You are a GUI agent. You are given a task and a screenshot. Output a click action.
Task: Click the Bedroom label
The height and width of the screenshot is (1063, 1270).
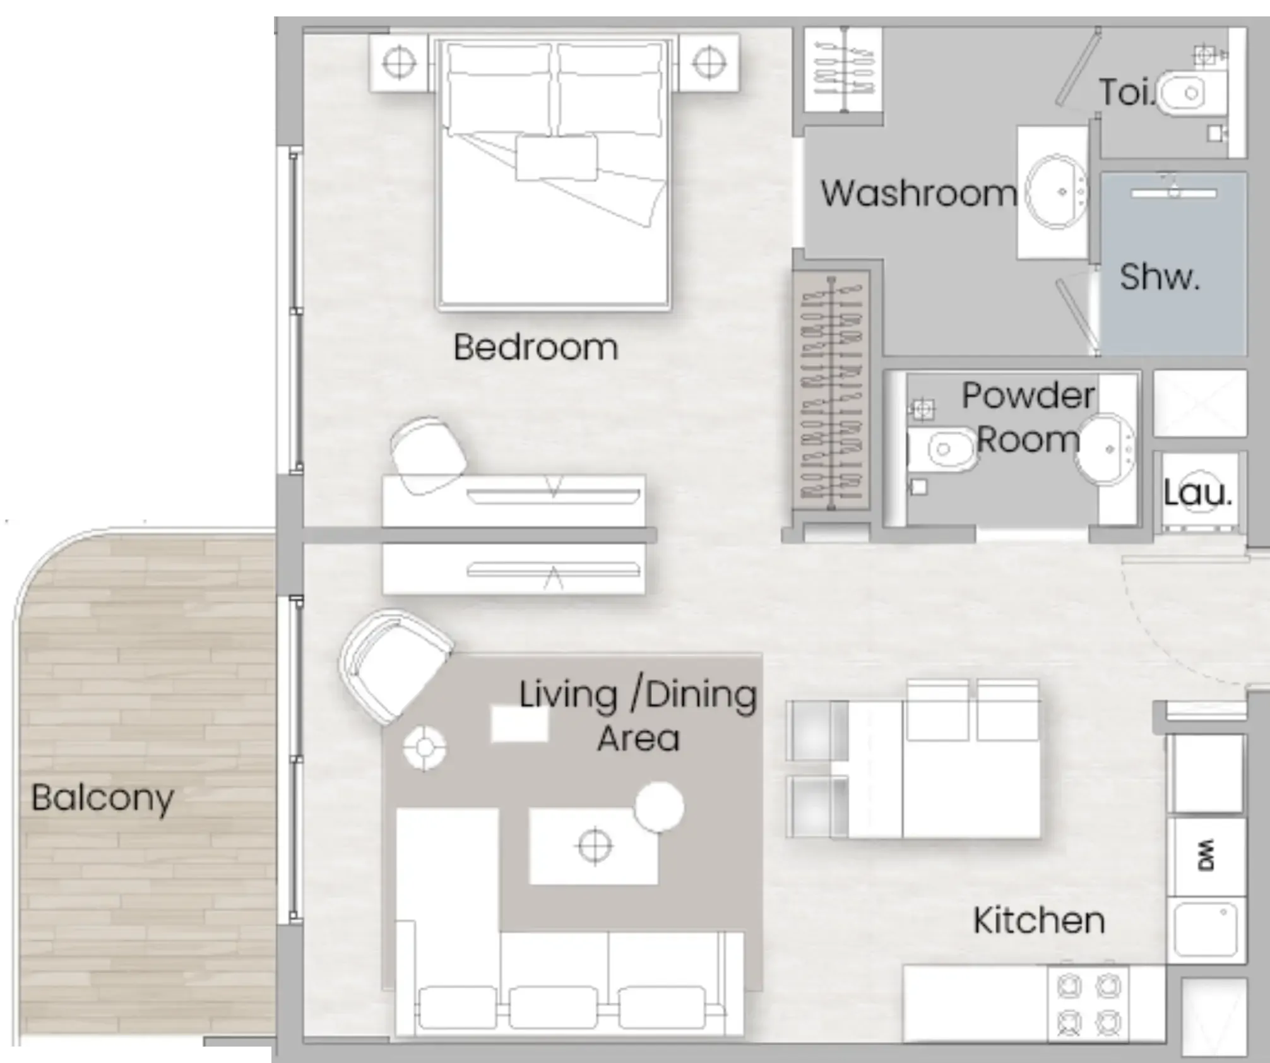pos(535,347)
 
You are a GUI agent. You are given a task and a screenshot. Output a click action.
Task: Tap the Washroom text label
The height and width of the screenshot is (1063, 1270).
pos(918,193)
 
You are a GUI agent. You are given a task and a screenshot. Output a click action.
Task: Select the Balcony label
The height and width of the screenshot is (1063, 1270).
pos(103,798)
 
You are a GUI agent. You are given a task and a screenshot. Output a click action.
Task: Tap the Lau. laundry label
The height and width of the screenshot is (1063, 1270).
pos(1197,493)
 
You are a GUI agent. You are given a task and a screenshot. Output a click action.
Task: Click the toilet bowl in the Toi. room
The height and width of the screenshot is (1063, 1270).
pos(1187,94)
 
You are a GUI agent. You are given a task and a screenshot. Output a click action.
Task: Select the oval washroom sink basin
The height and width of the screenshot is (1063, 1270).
pos(1055,191)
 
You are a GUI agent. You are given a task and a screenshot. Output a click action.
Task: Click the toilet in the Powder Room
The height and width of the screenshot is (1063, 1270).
pos(944,449)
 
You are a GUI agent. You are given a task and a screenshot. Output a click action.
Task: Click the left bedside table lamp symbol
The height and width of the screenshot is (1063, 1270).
pos(399,63)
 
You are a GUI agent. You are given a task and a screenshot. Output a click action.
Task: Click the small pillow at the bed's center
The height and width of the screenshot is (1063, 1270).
pos(556,158)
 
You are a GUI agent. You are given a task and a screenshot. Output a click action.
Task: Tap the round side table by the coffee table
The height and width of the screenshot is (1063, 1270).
pos(659,807)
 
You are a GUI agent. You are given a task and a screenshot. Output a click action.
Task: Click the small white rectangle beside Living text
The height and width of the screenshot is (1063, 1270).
pos(519,724)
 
